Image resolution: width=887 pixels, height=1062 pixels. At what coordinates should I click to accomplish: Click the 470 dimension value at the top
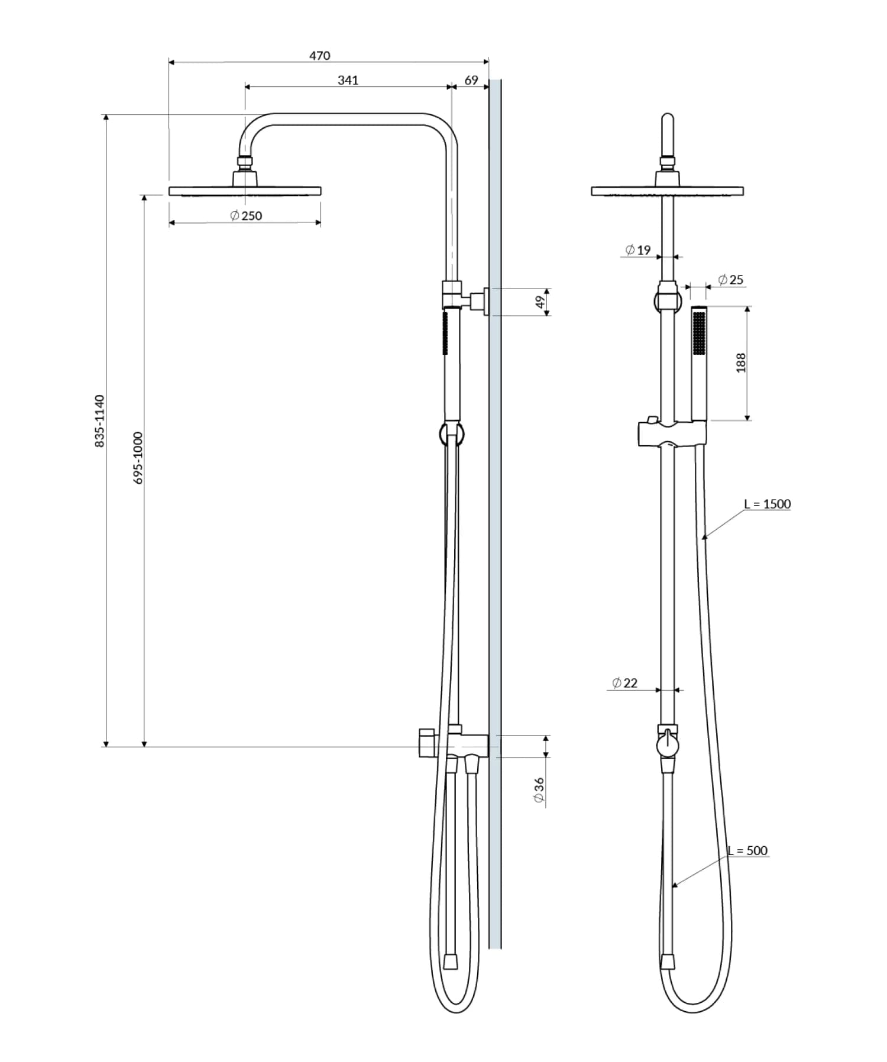point(320,56)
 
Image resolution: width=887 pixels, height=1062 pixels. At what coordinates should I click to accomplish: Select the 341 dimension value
point(348,80)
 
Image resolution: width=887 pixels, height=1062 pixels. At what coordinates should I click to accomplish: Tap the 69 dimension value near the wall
point(471,80)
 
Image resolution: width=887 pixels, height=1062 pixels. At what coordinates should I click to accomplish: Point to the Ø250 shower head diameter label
point(246,216)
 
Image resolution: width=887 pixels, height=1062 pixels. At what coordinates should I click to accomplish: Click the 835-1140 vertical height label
point(100,421)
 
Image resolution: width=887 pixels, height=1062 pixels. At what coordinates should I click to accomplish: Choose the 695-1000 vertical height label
point(138,458)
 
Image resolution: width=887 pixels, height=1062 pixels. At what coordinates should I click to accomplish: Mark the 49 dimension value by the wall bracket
point(539,302)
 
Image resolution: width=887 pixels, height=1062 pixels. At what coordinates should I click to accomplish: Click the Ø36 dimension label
point(539,791)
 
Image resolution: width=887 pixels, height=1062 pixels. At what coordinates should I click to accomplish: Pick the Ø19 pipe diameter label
point(638,250)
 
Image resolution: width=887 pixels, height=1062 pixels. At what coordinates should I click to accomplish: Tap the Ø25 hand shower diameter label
point(731,280)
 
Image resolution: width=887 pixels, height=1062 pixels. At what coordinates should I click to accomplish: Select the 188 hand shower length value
point(741,362)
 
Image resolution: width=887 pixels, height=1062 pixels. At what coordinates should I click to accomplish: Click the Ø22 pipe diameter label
point(625,683)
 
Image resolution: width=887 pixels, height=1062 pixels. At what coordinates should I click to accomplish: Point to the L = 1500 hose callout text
point(768,504)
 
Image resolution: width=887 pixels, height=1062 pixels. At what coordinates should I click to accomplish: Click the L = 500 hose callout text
point(748,850)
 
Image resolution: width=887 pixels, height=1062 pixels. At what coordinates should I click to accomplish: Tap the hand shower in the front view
point(699,363)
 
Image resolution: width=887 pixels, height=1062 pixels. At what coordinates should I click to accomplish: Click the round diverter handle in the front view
point(668,746)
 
